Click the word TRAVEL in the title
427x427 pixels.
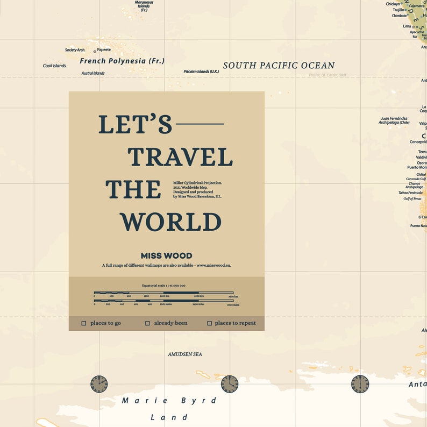pyautogui.click(x=180, y=157)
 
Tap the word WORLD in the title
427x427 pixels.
pyautogui.click(x=170, y=222)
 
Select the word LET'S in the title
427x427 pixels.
pyautogui.click(x=135, y=124)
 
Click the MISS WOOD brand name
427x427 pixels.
pyautogui.click(x=166, y=256)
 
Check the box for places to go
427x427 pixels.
pyautogui.click(x=84, y=323)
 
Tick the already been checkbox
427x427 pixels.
pyautogui.click(x=147, y=323)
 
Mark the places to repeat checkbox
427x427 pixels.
pyautogui.click(x=210, y=323)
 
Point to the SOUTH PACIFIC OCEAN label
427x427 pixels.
pyautogui.click(x=279, y=66)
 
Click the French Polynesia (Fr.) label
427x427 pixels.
pyautogui.click(x=122, y=61)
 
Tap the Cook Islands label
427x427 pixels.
pyautogui.click(x=54, y=66)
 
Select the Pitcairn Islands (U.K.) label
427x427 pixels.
pyautogui.click(x=201, y=72)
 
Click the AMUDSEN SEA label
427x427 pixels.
pyautogui.click(x=185, y=354)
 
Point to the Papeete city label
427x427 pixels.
pyautogui.click(x=104, y=50)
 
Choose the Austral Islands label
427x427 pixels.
pyautogui.click(x=93, y=73)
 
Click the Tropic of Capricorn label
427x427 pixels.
pyautogui.click(x=327, y=75)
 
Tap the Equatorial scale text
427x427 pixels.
pyautogui.click(x=163, y=286)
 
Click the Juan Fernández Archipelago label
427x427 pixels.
pyautogui.click(x=394, y=120)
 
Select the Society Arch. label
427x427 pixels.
pyautogui.click(x=75, y=50)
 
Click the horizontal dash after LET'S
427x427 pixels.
pyautogui.click(x=200, y=124)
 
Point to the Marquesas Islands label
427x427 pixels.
pyautogui.click(x=144, y=6)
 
